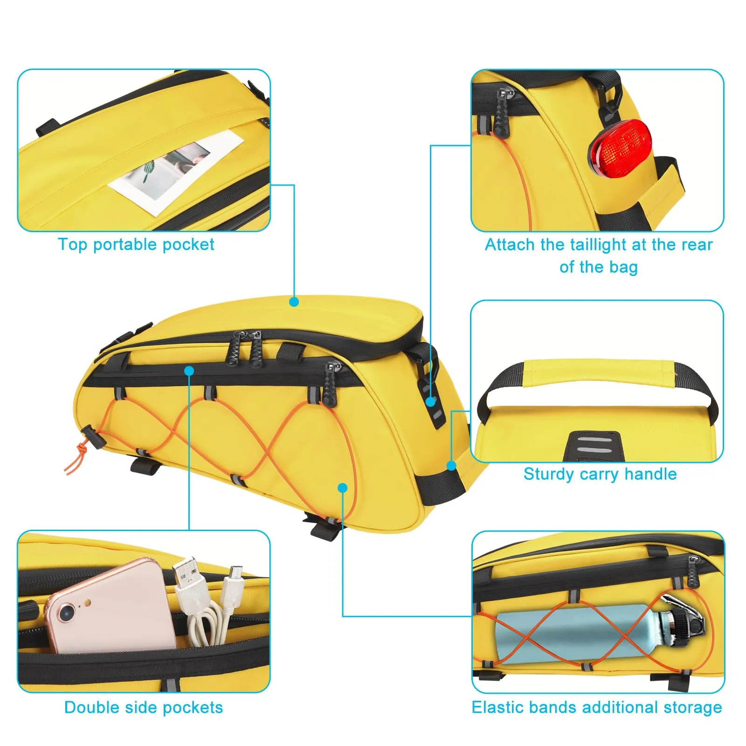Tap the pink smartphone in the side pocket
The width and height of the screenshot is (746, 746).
(x=112, y=606)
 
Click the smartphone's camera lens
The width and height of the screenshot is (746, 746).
(x=67, y=612)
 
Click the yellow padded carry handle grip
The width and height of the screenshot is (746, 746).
(x=600, y=373)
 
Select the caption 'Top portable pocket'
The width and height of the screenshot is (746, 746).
(x=136, y=245)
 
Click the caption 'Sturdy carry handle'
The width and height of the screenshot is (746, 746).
(x=600, y=474)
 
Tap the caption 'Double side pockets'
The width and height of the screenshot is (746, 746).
(x=144, y=707)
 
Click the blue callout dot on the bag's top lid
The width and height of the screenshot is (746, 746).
(x=294, y=302)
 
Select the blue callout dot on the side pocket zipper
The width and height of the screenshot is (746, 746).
(x=189, y=371)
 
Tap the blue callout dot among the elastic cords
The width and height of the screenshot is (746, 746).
(x=343, y=488)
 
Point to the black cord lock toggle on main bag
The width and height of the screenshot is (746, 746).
(x=91, y=436)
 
